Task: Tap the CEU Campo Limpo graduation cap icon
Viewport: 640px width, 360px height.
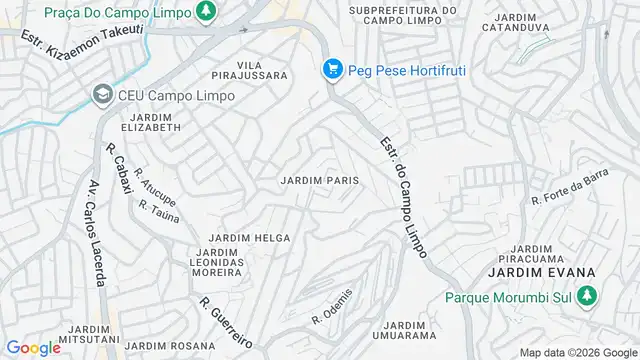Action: pos(101,95)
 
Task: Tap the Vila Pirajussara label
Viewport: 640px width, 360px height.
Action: pos(250,70)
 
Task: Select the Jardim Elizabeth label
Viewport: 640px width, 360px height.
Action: pos(151,122)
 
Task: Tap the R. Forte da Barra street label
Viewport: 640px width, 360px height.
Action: pos(570,189)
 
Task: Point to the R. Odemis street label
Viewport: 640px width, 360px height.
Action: pos(333,306)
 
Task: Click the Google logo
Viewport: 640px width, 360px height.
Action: pos(33,347)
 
